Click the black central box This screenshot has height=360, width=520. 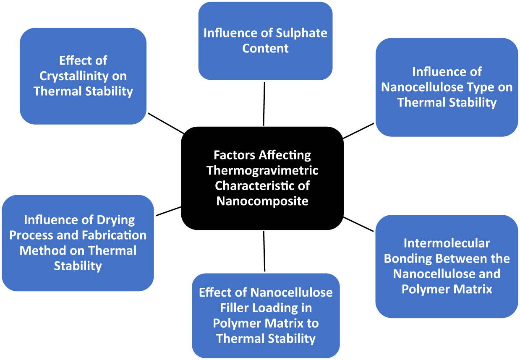click(262, 178)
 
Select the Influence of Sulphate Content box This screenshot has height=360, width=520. click(265, 41)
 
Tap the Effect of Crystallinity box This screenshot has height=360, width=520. click(83, 76)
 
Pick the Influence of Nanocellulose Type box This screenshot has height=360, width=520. click(447, 87)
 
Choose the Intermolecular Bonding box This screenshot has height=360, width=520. click(447, 266)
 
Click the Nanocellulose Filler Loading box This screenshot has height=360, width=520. click(266, 316)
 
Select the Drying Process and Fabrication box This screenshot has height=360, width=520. click(78, 243)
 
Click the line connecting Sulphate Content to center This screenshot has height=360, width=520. click(264, 104)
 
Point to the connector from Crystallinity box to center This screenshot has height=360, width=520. click(166, 123)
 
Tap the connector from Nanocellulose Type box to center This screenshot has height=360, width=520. click(358, 131)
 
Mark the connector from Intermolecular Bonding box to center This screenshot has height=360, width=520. click(358, 224)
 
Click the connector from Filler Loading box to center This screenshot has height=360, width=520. click(264, 251)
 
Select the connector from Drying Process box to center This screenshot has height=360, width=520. click(168, 211)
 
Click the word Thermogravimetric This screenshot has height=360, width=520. click(262, 171)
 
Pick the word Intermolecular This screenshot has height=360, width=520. click(447, 243)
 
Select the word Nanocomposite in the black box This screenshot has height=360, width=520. click(262, 201)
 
